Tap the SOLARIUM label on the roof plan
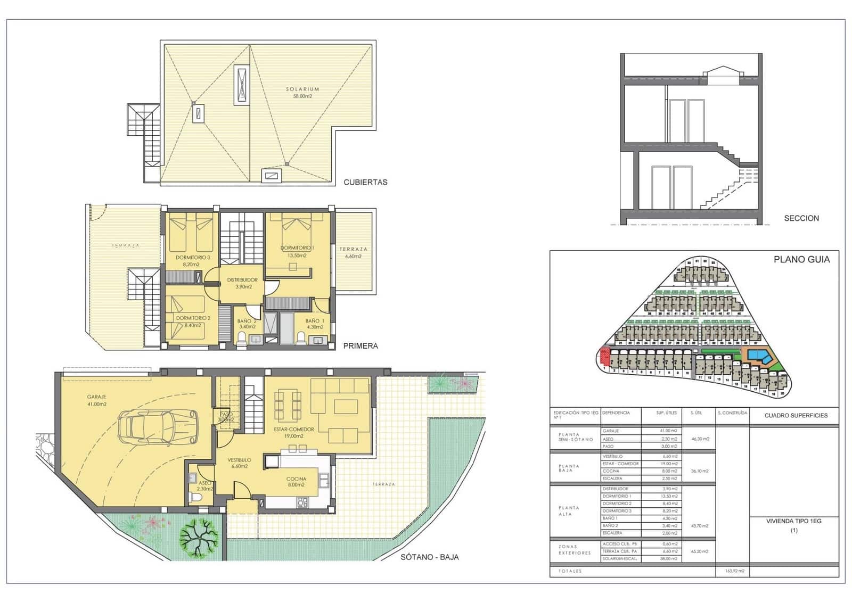click(302, 89)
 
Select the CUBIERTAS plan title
click(365, 182)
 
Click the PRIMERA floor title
click(361, 346)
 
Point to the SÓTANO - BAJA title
click(430, 557)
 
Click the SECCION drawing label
click(801, 218)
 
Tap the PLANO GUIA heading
click(801, 260)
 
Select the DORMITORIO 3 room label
click(193, 258)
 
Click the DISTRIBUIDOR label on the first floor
click(242, 280)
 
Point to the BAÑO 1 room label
click(315, 321)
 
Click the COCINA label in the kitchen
click(296, 479)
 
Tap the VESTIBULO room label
click(240, 460)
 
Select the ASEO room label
click(205, 483)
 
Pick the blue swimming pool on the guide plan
click(757, 355)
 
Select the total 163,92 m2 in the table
click(734, 571)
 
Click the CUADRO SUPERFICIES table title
click(796, 416)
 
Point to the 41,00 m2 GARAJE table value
click(668, 431)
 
